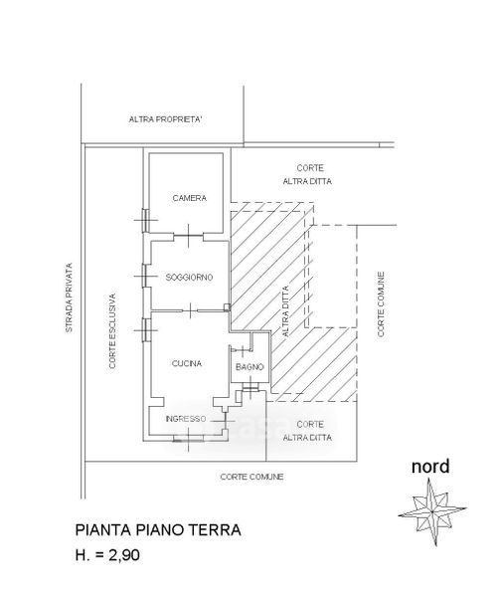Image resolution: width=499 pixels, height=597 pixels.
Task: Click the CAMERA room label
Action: point(190,198)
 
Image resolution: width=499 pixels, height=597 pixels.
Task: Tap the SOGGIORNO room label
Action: point(189,278)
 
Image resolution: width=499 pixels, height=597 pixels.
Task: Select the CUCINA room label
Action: point(187,363)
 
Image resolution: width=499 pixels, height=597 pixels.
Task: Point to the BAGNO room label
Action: point(249,367)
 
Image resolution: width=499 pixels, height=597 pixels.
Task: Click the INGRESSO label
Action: point(186,419)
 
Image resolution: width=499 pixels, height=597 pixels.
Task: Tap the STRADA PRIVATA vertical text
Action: point(69,298)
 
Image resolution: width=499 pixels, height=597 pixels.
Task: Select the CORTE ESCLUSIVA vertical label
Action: point(112,331)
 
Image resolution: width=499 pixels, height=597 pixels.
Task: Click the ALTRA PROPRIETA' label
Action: point(165,119)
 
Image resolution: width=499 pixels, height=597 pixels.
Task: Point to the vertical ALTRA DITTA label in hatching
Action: point(285,311)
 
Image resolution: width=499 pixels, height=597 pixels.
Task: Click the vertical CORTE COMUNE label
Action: point(381,304)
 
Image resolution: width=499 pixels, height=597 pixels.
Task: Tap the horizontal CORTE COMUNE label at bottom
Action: point(251,477)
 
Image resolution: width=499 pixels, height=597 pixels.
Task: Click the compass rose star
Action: point(432,512)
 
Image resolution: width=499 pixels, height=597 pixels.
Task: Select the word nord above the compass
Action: point(430,467)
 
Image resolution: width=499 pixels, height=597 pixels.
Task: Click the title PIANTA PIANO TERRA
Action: point(158,530)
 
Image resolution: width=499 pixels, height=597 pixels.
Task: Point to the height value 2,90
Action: point(124,555)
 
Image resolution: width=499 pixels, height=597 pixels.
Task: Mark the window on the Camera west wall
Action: point(145,220)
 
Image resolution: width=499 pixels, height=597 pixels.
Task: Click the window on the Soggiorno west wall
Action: point(145,276)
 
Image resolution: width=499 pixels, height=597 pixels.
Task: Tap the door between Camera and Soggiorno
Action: point(189,236)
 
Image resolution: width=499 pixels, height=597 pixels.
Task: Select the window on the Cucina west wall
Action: point(145,330)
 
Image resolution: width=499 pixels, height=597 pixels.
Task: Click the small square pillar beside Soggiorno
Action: point(227,306)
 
